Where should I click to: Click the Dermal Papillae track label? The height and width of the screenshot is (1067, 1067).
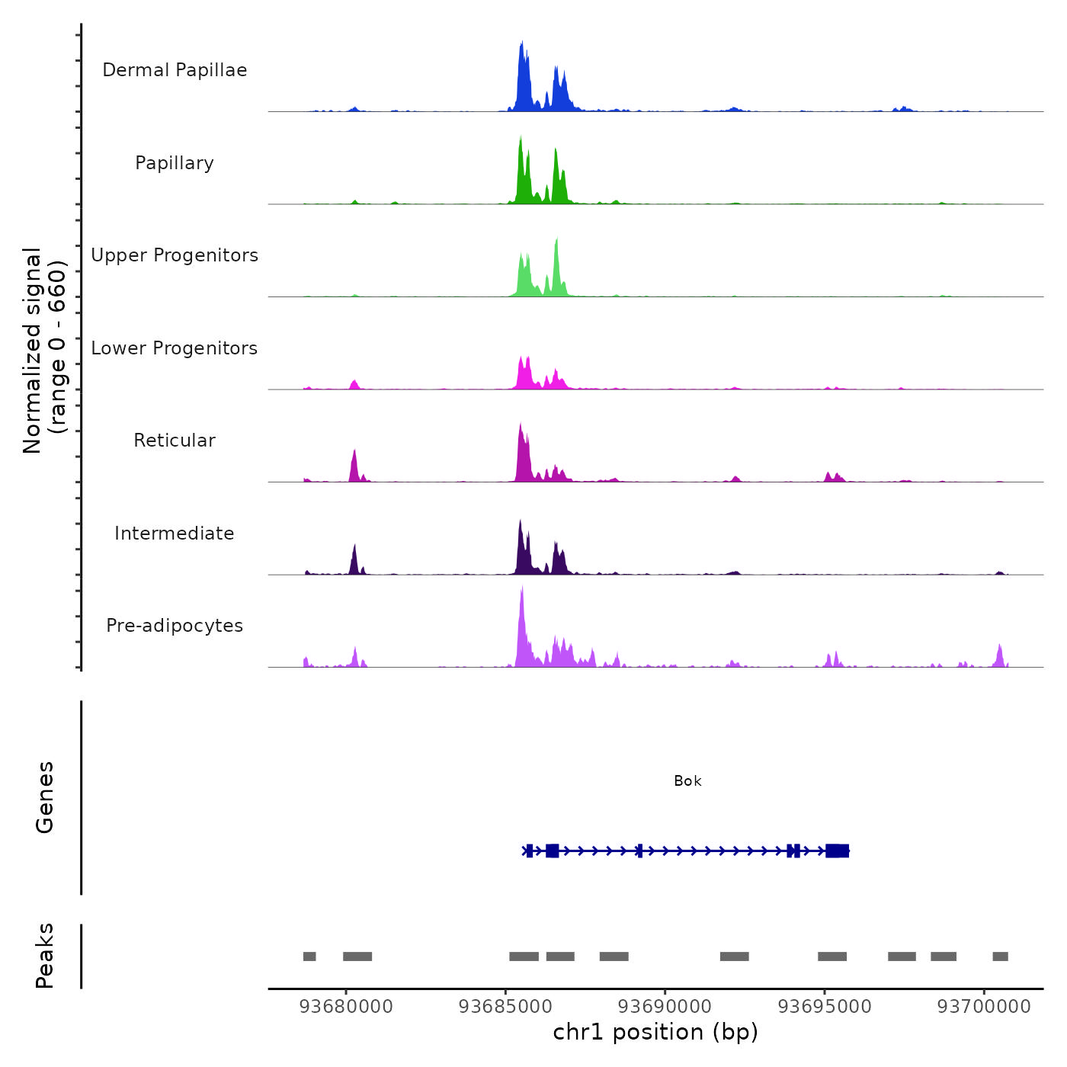point(175,70)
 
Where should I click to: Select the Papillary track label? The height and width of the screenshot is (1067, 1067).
point(175,163)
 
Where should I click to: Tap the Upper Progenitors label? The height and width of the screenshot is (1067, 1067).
point(175,255)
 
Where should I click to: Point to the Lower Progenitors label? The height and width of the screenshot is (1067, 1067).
point(175,348)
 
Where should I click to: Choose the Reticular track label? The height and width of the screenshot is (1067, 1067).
point(175,441)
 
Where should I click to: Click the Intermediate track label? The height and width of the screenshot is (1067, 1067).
point(175,533)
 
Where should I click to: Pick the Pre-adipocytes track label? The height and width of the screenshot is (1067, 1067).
point(175,626)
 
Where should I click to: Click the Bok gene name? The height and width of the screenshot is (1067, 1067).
point(687,781)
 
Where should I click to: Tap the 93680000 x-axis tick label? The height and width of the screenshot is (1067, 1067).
point(346,1007)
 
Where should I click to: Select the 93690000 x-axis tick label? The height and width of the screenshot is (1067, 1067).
point(665,1007)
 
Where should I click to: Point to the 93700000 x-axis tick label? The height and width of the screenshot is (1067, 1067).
point(984,1007)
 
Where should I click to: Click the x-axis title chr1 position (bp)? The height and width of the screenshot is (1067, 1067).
point(655,1033)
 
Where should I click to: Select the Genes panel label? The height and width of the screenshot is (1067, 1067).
point(45,797)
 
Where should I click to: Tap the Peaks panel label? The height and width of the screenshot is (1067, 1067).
point(45,956)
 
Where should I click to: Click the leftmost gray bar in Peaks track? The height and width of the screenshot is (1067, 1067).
point(309,956)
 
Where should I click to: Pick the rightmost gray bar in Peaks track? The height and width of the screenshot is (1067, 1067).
point(1000,956)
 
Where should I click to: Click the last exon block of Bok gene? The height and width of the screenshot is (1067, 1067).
point(837,851)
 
